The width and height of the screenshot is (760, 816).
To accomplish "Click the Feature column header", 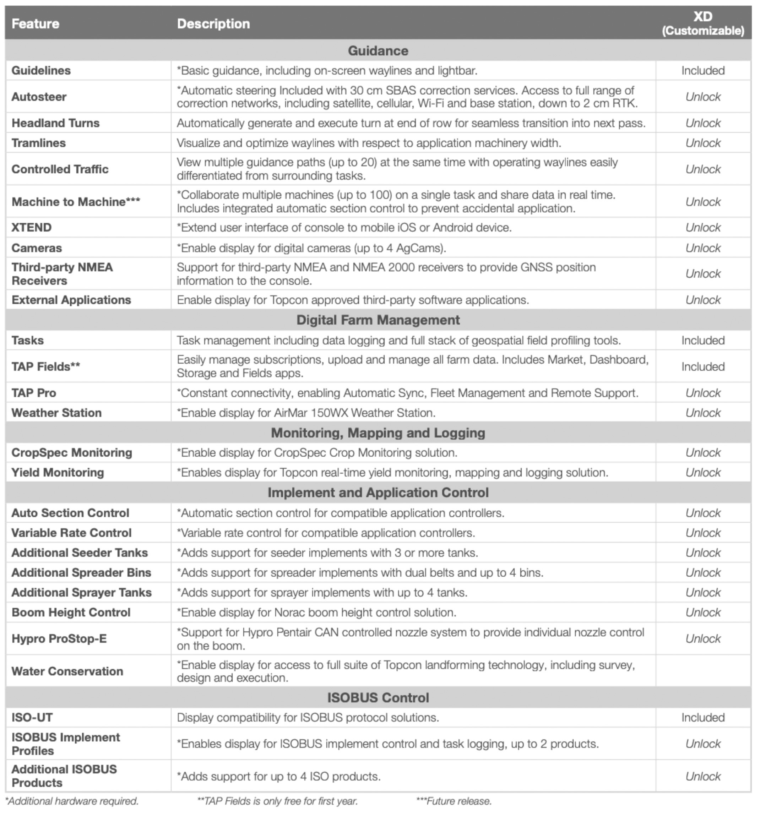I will tap(35, 24).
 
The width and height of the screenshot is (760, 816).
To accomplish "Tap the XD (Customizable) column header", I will tap(702, 24).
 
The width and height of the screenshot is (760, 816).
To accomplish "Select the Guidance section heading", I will tap(378, 51).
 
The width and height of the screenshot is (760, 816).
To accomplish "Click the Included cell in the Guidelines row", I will tap(702, 71).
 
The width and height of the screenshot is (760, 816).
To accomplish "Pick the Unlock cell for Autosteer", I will tap(702, 97).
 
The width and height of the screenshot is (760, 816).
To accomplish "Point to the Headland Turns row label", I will tap(55, 123).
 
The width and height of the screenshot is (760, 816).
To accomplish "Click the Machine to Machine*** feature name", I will tap(76, 202).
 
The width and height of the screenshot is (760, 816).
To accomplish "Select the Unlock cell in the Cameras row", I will tap(702, 248).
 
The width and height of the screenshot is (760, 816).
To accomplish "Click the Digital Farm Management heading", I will tap(378, 320).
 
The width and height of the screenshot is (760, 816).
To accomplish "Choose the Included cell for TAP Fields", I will tap(702, 366).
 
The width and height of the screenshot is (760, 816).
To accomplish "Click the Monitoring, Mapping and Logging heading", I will tap(378, 433).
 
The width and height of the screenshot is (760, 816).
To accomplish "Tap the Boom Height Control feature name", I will tap(71, 613).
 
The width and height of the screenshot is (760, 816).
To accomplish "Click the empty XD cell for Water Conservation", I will tap(702, 671).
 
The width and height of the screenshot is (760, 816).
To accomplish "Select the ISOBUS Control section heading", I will tap(378, 698).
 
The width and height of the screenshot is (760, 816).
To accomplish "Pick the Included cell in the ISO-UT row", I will tap(702, 718).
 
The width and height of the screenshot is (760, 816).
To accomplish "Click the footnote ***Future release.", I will tap(454, 801).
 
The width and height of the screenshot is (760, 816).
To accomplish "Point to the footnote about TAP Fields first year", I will tap(278, 801).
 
